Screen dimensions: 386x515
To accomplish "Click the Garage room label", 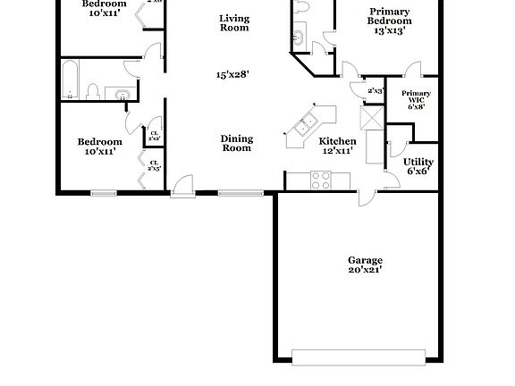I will click(365, 260).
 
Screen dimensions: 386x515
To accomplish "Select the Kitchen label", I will click(338, 141).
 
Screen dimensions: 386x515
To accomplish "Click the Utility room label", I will click(419, 162).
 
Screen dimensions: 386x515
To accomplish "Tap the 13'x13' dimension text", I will click(390, 30).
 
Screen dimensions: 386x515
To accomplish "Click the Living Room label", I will click(234, 22).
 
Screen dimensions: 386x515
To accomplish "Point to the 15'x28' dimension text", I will click(232, 75).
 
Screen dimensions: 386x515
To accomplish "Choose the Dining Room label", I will click(237, 143).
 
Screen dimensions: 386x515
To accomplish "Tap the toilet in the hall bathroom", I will click(92, 90).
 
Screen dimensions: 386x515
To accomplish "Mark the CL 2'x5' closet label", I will click(154, 165).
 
